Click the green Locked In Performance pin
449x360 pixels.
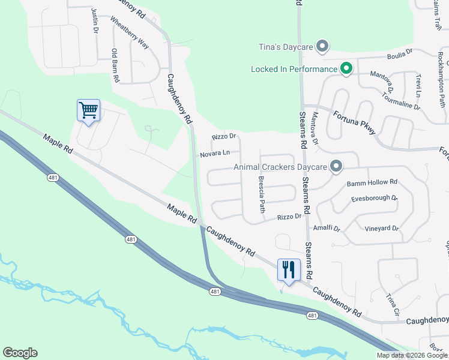pos(346,69)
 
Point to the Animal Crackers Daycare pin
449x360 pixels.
pos(337,166)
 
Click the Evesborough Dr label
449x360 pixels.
pos(375,197)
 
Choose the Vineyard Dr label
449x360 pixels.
pos(382,229)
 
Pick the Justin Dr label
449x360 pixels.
pos(95,20)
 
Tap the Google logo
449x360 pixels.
pos(20,353)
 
